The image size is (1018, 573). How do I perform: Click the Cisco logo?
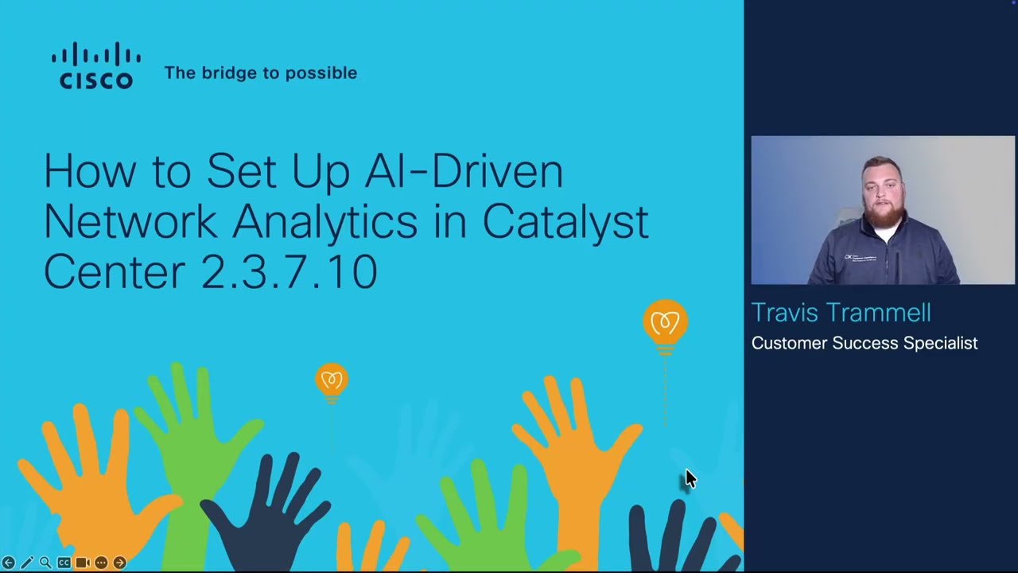pos(96,66)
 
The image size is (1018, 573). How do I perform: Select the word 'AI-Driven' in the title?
pos(464,171)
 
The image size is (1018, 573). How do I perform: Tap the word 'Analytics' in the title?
pos(324,221)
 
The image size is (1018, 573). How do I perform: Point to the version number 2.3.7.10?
pos(289,272)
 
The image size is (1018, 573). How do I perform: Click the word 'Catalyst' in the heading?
pos(565,221)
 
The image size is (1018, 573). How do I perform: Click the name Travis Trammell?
pos(841,313)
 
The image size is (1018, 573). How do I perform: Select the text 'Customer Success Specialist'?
pos(865,343)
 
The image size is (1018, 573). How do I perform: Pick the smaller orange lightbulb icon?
pos(332,380)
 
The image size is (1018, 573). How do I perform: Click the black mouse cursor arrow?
pos(690,478)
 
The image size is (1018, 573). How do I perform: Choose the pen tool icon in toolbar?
pos(26,563)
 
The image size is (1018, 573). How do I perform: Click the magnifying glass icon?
pos(45,563)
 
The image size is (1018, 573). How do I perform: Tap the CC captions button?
pos(64,563)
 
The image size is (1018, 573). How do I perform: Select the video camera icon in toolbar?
pos(82,563)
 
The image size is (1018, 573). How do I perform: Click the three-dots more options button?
pos(101,563)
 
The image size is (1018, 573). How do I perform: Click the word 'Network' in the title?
pos(130,221)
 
